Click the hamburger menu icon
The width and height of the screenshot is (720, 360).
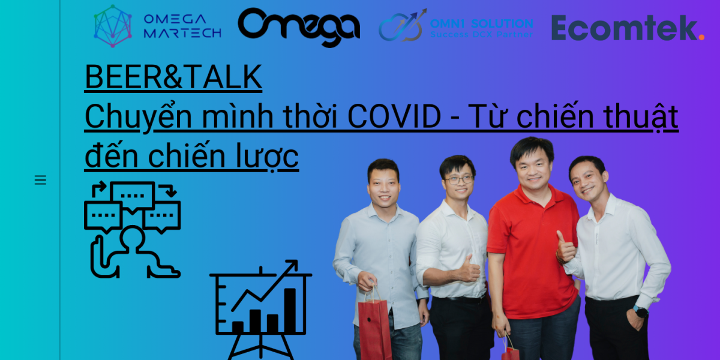[40, 179]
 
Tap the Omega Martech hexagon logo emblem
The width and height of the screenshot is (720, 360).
[113, 26]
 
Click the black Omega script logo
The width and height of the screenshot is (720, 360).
[299, 27]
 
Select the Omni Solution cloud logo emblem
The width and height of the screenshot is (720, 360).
[403, 26]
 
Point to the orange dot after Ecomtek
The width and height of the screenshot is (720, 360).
[701, 37]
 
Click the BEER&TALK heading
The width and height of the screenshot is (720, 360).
[173, 77]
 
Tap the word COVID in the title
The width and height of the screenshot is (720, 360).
[394, 116]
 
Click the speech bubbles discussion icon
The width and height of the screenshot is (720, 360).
[133, 229]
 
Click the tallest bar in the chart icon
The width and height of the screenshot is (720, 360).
[290, 310]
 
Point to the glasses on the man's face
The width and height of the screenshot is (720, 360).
[460, 179]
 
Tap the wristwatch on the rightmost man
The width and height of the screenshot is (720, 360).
[640, 311]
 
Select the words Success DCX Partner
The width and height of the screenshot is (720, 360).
[481, 34]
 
